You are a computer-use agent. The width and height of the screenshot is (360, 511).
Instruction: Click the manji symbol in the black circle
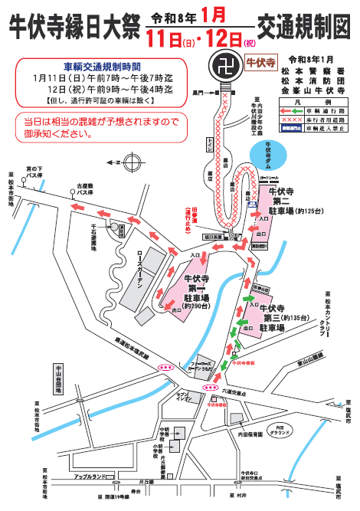point(226,63)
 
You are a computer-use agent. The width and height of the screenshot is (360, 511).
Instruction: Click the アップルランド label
point(90,477)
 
